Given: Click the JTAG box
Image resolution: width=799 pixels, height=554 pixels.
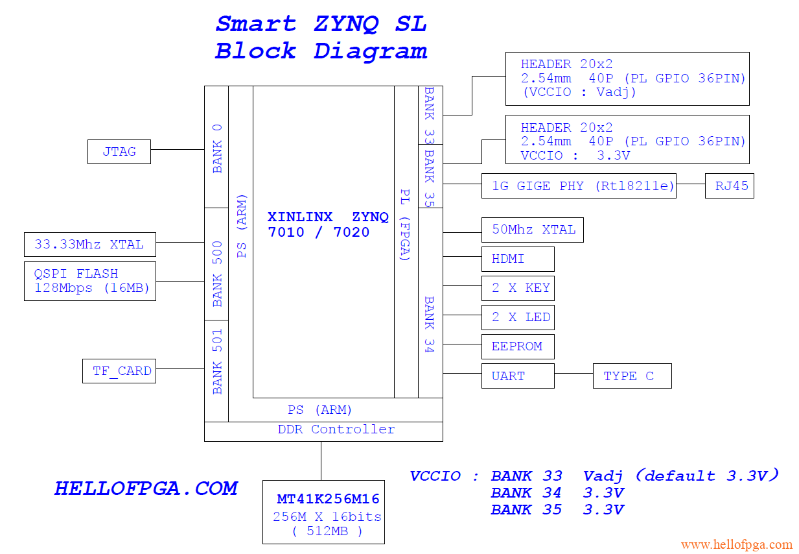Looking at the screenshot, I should tap(119, 152).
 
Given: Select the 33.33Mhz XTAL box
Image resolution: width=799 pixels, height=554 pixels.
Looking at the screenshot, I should tap(89, 245).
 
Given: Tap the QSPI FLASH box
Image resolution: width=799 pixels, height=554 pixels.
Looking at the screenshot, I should tap(90, 281).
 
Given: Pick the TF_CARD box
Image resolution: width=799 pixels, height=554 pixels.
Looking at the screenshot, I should tap(119, 371).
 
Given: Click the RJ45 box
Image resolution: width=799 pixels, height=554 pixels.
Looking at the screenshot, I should tap(730, 186).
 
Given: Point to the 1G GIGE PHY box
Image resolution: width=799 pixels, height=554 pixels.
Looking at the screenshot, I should tap(579, 186).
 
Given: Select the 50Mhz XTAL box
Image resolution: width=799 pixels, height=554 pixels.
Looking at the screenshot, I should tap(533, 230).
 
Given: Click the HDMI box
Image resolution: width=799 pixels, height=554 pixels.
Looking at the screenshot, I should tap(518, 259).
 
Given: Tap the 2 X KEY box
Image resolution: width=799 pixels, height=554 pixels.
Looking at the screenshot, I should tap(518, 288).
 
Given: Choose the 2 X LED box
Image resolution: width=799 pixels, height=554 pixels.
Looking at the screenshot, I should tap(518, 317).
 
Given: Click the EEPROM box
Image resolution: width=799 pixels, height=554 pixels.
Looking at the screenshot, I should tap(518, 346).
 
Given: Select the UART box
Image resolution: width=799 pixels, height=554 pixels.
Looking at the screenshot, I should tap(518, 376).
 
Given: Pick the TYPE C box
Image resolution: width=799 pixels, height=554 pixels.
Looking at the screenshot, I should tap(632, 376).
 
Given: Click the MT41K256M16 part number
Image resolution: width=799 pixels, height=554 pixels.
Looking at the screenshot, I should tap(328, 500).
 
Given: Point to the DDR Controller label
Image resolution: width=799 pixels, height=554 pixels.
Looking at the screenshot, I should tap(336, 429).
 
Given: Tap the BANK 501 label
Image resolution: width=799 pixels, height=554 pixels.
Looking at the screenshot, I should tap(217, 361).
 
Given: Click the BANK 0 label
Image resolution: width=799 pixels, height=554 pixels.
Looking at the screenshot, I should tap(217, 148).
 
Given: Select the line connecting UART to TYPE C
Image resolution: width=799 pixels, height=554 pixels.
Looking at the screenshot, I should tap(573, 374).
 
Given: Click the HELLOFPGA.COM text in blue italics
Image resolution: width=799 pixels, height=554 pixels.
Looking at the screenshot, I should tap(146, 488).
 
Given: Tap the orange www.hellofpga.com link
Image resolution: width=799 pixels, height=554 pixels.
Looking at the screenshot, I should tap(736, 544).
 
